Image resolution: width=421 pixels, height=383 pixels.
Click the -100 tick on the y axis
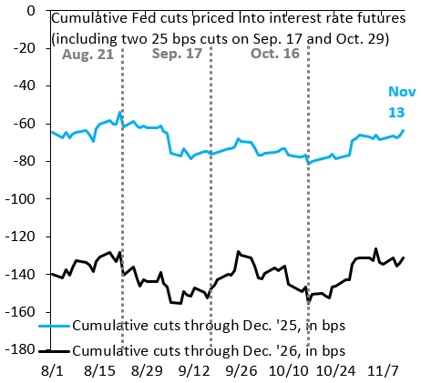tap(20, 198)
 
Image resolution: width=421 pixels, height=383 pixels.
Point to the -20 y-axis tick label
tap(25, 48)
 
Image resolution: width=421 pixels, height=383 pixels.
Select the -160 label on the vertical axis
tap(20, 312)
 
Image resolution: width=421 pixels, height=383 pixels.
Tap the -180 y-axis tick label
tap(20, 349)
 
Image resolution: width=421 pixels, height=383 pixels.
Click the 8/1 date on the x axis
tap(52, 370)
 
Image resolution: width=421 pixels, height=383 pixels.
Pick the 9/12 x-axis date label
tap(194, 370)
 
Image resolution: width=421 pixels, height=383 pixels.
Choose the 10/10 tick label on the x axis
tap(289, 370)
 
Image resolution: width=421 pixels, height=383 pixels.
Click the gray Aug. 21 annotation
tap(87, 55)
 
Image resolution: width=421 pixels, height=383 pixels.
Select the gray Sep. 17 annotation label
tap(177, 54)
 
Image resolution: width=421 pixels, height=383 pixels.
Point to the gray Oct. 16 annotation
tap(275, 54)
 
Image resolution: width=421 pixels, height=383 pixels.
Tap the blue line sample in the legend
tap(55, 326)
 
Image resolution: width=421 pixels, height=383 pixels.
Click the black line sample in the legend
tap(55, 351)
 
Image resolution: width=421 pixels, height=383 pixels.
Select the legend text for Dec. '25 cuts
tap(209, 326)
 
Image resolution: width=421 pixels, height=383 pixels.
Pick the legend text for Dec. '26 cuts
tap(209, 351)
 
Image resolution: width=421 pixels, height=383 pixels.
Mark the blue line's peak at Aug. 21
tap(119, 112)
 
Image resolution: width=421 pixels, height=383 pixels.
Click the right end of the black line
tap(404, 257)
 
